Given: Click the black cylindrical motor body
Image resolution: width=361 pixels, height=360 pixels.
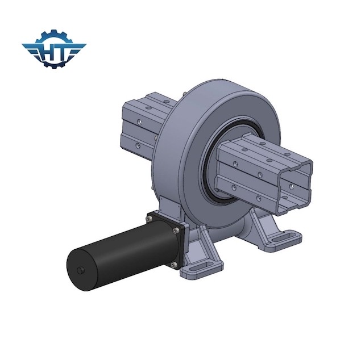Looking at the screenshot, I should (114, 250).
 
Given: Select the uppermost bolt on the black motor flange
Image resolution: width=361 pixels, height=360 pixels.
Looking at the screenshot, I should (150, 216).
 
